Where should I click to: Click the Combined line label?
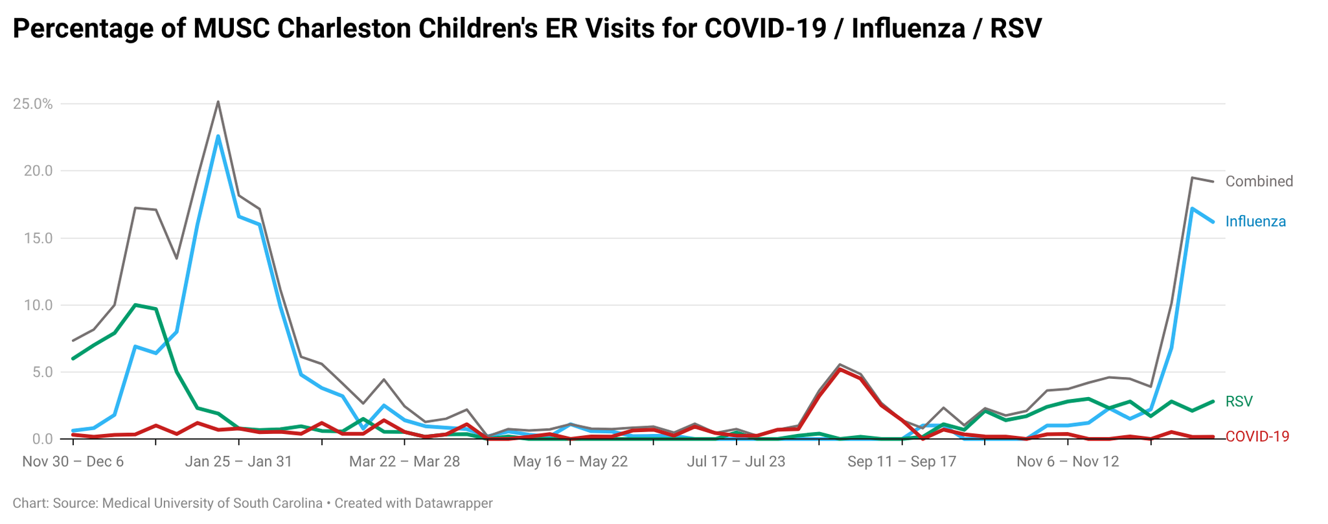click(x=1259, y=181)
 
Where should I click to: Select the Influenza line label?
click(x=1255, y=222)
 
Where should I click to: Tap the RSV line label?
click(x=1239, y=402)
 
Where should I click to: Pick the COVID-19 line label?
click(x=1257, y=437)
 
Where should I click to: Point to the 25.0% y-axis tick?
click(x=33, y=104)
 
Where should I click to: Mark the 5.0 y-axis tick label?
click(x=41, y=372)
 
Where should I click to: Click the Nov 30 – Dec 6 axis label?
click(x=73, y=462)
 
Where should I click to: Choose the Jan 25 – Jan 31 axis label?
click(x=238, y=462)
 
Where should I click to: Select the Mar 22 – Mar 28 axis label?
click(x=404, y=462)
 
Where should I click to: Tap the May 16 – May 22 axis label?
click(x=570, y=462)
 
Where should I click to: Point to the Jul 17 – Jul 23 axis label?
click(x=736, y=462)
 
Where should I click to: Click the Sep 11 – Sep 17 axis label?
click(x=902, y=462)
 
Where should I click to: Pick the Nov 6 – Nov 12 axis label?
click(x=1068, y=462)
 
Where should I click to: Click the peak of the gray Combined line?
click(x=218, y=102)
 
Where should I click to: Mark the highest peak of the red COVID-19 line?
click(x=840, y=369)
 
